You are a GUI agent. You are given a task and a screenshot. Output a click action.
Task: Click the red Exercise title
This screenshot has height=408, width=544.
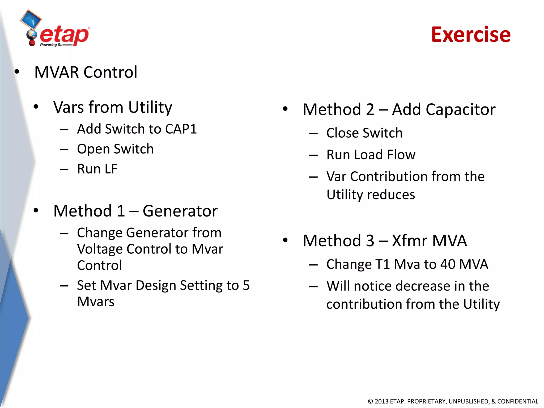click(x=471, y=35)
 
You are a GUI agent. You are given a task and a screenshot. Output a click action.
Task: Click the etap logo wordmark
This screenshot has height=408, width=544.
click(x=65, y=35)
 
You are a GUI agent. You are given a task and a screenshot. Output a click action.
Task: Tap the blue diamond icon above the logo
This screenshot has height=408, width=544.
click(x=31, y=19)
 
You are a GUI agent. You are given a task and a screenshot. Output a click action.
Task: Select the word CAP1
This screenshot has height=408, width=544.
click(x=181, y=129)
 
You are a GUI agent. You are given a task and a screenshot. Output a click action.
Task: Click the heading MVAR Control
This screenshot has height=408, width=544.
click(x=86, y=72)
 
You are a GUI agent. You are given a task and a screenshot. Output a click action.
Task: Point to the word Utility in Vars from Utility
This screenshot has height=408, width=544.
click(x=150, y=108)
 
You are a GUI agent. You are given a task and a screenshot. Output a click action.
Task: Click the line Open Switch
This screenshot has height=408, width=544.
click(x=115, y=149)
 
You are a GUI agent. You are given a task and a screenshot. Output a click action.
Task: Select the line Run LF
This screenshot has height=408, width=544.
click(x=97, y=169)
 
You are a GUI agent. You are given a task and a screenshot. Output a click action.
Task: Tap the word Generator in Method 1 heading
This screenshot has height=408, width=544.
click(x=180, y=211)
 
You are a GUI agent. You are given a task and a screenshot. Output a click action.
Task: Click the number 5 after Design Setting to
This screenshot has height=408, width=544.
click(x=246, y=286)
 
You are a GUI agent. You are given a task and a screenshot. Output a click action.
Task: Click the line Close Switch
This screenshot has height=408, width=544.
click(x=364, y=133)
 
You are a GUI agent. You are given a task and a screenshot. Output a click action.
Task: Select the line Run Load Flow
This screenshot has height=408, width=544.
click(x=371, y=155)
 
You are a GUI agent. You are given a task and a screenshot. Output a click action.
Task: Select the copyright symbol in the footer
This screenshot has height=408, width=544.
click(x=370, y=401)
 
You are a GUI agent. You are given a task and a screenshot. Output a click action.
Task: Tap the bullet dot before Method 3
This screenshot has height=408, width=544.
click(x=285, y=240)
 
